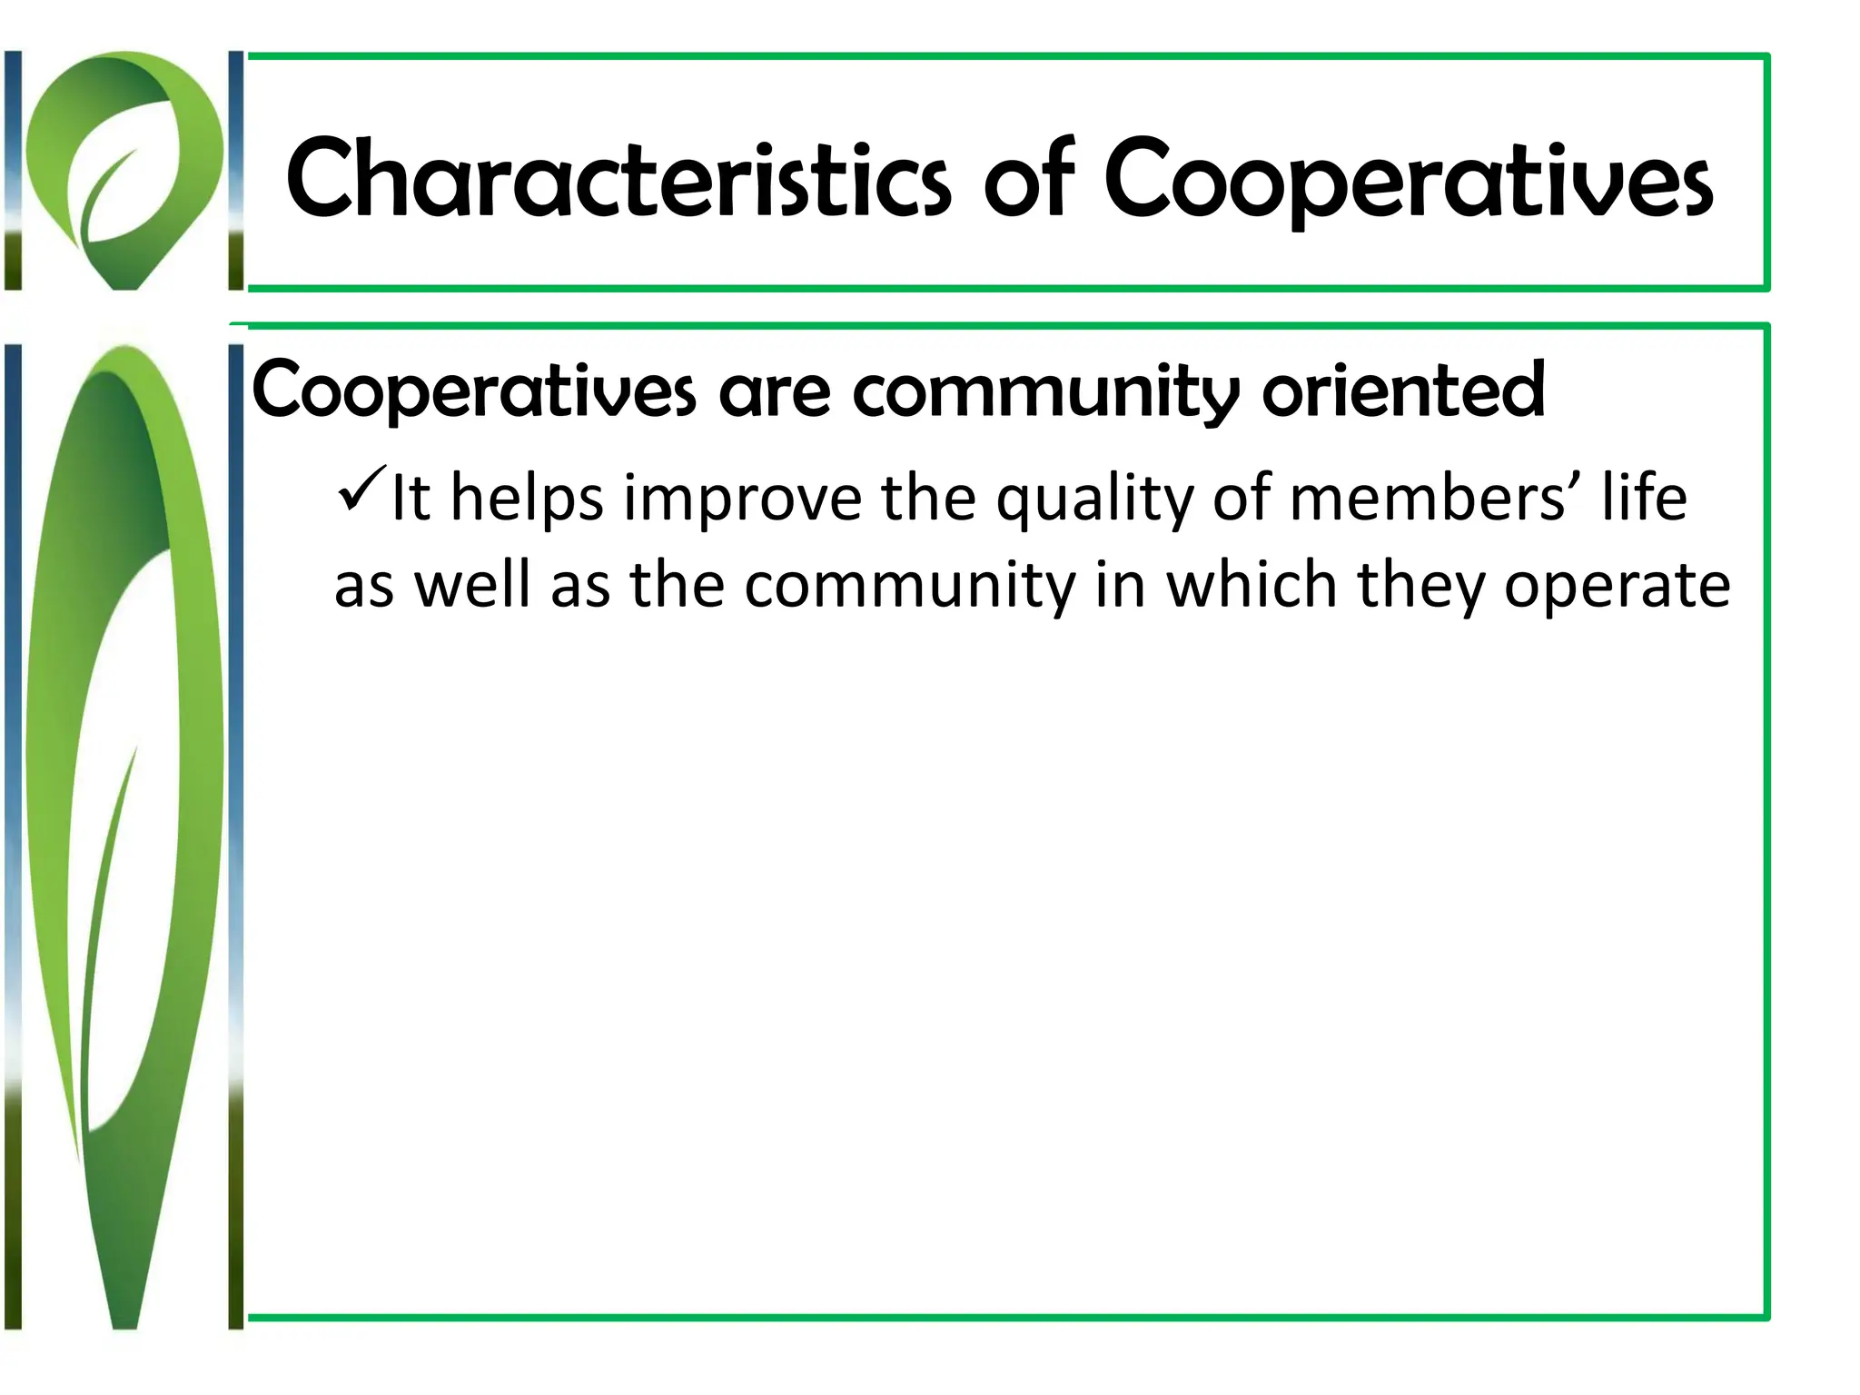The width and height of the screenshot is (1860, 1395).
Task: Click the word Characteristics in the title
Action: click(x=618, y=179)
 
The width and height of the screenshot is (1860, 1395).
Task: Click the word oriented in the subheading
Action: click(x=1403, y=391)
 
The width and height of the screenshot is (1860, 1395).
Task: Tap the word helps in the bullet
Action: click(x=527, y=500)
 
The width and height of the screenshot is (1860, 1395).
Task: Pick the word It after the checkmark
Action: click(x=411, y=499)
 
